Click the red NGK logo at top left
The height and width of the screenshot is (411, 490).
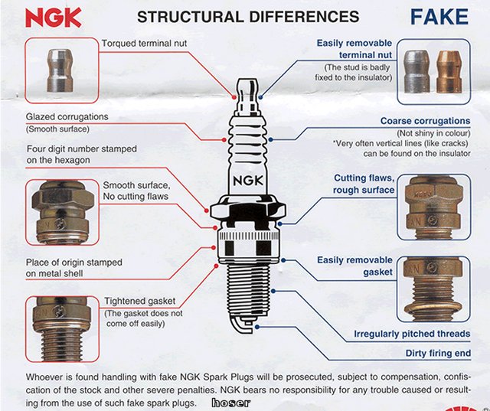click(53, 17)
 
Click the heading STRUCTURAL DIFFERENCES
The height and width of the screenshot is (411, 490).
click(247, 16)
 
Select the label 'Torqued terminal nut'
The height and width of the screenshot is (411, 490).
click(144, 44)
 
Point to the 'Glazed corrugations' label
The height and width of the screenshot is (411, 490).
click(67, 117)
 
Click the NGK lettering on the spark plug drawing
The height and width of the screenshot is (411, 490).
click(247, 181)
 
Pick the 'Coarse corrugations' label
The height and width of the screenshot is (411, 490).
click(425, 121)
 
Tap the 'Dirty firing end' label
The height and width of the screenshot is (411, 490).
click(438, 354)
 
